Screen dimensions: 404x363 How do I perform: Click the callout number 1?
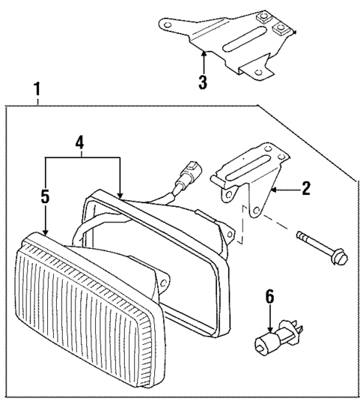click(x=37, y=91)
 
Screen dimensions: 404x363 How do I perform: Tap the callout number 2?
click(x=305, y=189)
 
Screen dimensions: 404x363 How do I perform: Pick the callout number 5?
click(x=45, y=197)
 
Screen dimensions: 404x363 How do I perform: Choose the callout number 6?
click(x=270, y=297)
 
